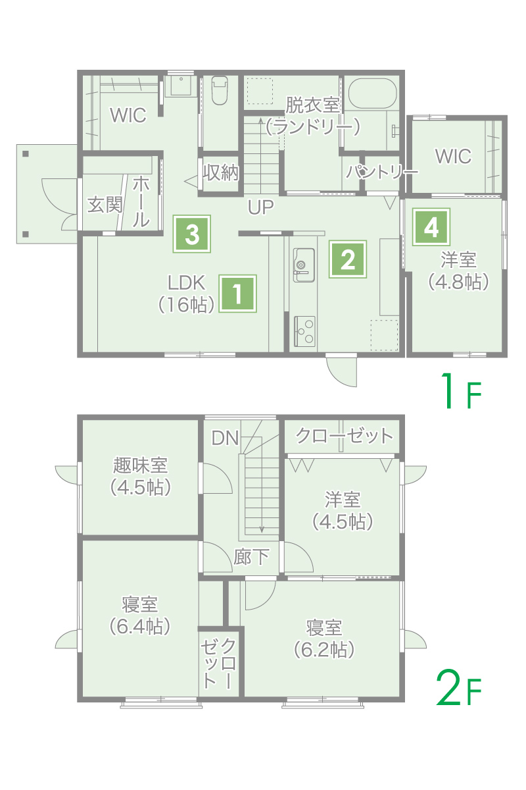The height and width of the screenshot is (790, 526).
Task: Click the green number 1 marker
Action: pyautogui.click(x=237, y=294)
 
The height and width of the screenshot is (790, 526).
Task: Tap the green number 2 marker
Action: pyautogui.click(x=348, y=259)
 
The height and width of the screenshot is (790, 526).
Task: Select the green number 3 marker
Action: pyautogui.click(x=191, y=234)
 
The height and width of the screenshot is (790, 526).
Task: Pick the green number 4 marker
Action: pyautogui.click(x=431, y=226)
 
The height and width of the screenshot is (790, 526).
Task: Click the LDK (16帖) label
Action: pyautogui.click(x=186, y=294)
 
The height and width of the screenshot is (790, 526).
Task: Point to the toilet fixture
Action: pyautogui.click(x=219, y=90)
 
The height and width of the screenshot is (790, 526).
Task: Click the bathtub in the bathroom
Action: pyautogui.click(x=372, y=93)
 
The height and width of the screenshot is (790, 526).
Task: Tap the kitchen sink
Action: pyautogui.click(x=304, y=265)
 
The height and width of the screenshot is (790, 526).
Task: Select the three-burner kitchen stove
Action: pyautogui.click(x=304, y=331)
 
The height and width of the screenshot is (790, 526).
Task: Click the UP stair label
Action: pyautogui.click(x=261, y=207)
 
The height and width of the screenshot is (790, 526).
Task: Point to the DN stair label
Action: pyautogui.click(x=225, y=438)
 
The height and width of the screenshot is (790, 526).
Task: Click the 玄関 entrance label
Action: pyautogui.click(x=105, y=205)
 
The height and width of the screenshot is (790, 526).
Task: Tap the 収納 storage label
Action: pyautogui.click(x=221, y=172)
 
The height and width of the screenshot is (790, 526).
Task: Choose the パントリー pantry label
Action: pyautogui.click(x=382, y=172)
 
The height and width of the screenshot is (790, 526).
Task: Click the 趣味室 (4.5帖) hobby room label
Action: pyautogui.click(x=141, y=476)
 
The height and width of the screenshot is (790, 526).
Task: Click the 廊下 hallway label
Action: pyautogui.click(x=251, y=557)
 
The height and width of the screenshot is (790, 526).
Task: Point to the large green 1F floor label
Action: pyautogui.click(x=462, y=391)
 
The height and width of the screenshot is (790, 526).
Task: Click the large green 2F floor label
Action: pyautogui.click(x=459, y=687)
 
